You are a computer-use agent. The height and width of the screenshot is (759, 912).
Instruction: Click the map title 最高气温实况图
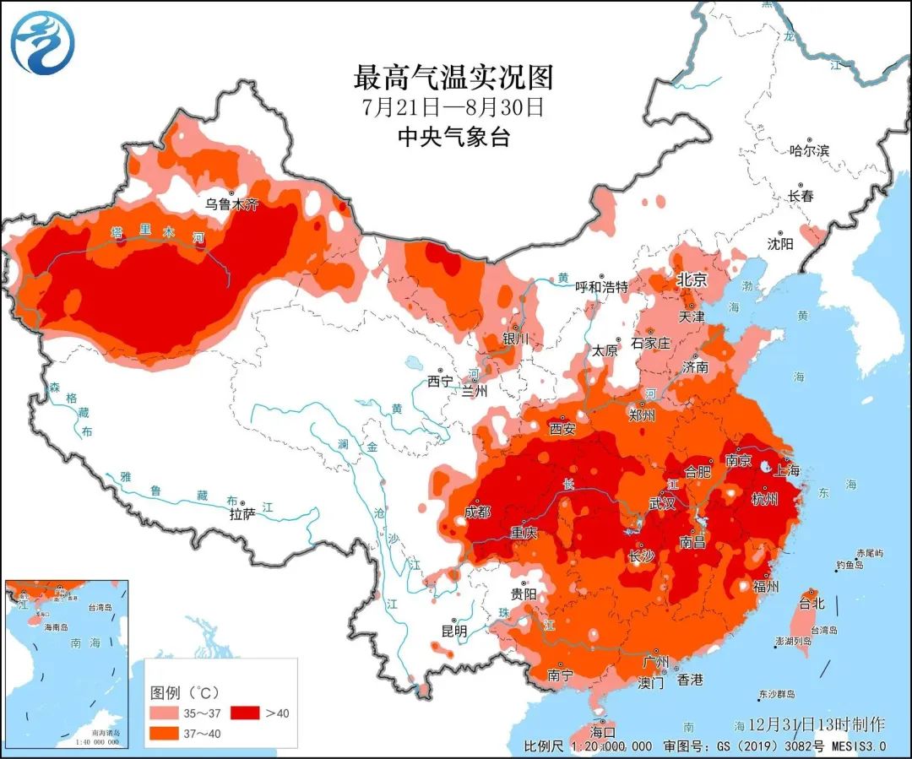point(453,78)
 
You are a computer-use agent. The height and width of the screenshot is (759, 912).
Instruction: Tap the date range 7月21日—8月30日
point(453,108)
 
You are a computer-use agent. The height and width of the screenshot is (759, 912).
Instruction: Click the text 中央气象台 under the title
point(453,137)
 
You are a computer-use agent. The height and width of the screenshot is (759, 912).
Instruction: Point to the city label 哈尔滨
point(808,151)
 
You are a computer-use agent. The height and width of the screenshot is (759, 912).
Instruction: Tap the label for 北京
point(691,279)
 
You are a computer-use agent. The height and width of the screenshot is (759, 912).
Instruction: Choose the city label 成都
point(477,512)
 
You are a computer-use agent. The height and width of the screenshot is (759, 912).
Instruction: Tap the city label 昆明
point(453,630)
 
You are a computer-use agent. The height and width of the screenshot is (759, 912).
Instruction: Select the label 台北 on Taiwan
point(811,604)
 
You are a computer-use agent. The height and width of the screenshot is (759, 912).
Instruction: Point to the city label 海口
point(603,730)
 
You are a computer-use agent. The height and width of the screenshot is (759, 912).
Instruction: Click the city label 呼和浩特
point(601,287)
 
